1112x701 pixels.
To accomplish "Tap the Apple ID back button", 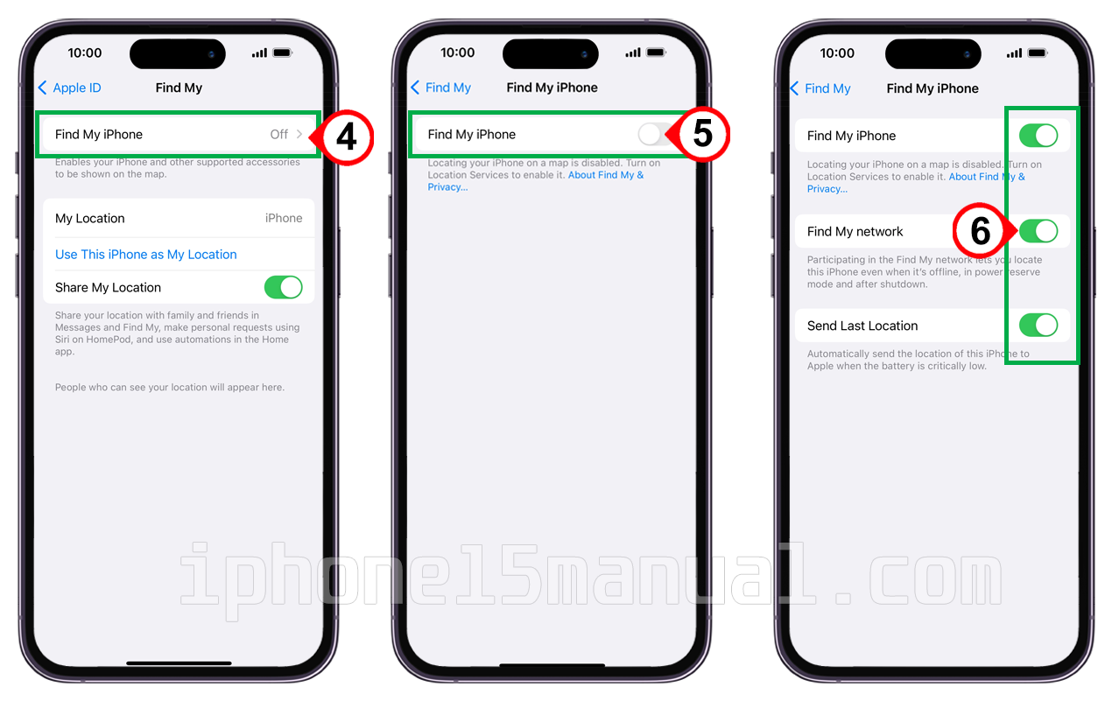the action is (69, 88).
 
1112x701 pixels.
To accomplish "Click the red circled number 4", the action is (347, 137).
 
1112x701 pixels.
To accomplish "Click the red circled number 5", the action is (702, 133).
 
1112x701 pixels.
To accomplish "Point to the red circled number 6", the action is (980, 231).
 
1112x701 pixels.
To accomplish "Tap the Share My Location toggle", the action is (284, 287).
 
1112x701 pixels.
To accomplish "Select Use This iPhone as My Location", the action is (146, 255).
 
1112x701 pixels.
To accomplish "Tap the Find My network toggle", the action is (1038, 231).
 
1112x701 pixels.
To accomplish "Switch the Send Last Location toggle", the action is (1038, 326).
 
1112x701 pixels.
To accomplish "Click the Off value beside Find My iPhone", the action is (279, 135).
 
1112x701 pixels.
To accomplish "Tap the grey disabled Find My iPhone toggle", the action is (655, 135).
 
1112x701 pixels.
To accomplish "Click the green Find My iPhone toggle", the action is (1038, 136).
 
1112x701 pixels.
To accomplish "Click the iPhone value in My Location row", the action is (284, 218).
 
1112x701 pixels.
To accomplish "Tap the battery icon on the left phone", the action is (283, 53).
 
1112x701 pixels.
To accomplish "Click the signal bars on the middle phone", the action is (632, 53).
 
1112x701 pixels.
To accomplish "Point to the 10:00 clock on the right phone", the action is (837, 53).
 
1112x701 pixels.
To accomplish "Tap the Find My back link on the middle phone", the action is (441, 88).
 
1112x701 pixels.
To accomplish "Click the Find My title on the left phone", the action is (179, 88).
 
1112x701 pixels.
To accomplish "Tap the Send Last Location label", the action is (862, 326).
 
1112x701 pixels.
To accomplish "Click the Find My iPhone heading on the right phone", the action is (933, 88).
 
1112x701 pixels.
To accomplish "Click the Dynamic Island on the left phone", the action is (178, 53).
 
